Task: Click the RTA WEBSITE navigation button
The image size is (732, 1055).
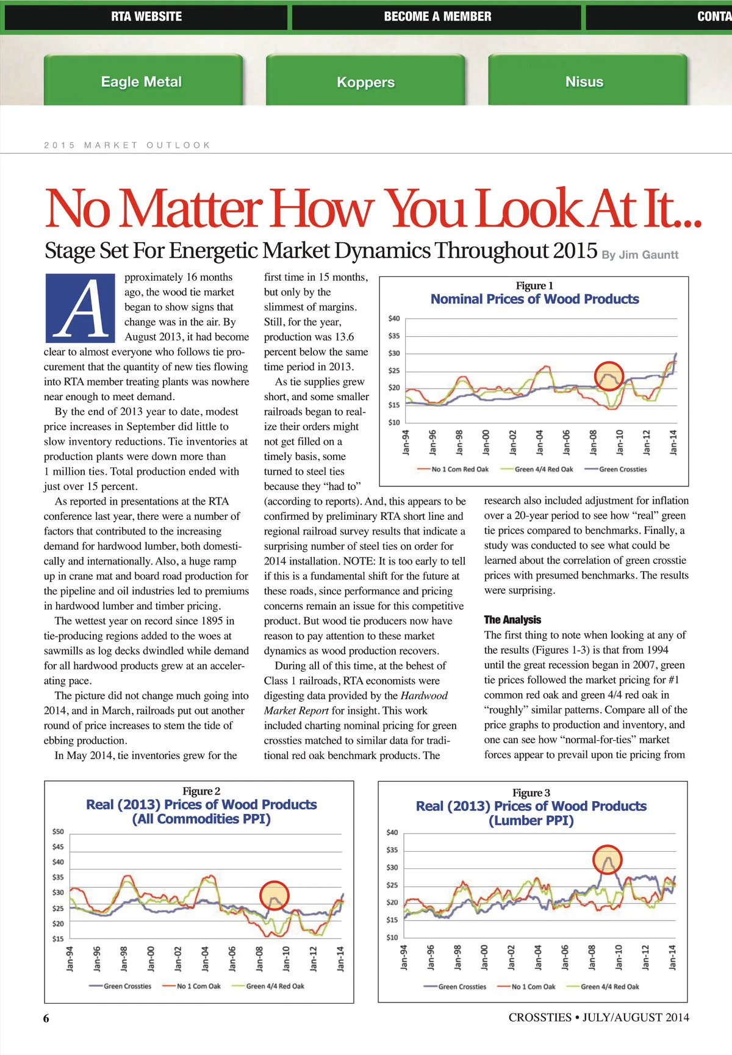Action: pos(146,17)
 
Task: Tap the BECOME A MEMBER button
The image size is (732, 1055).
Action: pos(437,17)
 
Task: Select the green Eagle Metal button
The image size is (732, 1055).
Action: pos(142,82)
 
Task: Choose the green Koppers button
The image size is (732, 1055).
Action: pos(365,82)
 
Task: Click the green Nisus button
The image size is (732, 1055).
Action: pos(584,82)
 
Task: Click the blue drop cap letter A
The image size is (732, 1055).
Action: pos(80,308)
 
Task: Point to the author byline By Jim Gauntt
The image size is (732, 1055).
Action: pos(640,255)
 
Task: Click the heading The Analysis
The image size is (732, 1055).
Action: pos(512,620)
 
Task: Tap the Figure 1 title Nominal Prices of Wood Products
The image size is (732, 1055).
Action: pos(534,299)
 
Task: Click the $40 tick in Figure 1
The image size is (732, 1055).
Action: pos(394,319)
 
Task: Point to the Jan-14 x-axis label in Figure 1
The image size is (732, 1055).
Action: pos(673,442)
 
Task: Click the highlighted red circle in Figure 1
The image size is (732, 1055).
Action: pos(609,376)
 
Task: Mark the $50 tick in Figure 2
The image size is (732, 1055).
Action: pos(58,832)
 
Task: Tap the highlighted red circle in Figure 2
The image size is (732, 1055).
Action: pos(274,895)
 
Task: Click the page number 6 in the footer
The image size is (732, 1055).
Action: pos(46,1018)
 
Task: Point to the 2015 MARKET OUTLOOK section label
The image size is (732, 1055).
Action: pos(127,145)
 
